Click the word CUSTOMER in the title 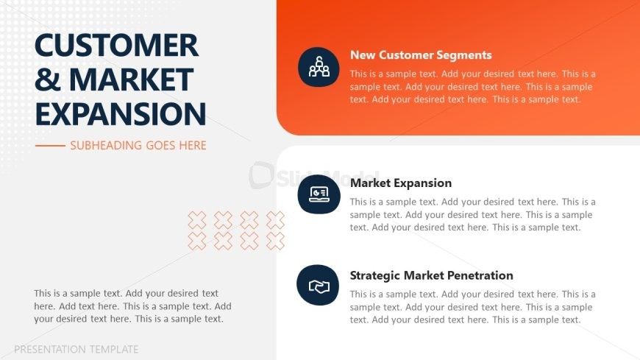(x=117, y=45)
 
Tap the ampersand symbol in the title (x=48, y=80)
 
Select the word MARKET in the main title (x=131, y=80)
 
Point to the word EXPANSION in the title (x=121, y=113)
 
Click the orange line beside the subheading (x=50, y=146)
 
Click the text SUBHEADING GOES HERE (x=138, y=146)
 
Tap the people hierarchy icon (x=319, y=67)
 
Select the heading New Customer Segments (x=421, y=55)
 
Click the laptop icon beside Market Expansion (x=319, y=194)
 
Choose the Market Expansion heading (x=401, y=183)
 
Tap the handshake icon (x=319, y=286)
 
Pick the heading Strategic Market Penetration (x=431, y=275)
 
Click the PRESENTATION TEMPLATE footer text (x=77, y=350)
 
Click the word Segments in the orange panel (x=463, y=55)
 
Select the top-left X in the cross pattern (x=197, y=220)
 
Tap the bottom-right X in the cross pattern (x=276, y=241)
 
